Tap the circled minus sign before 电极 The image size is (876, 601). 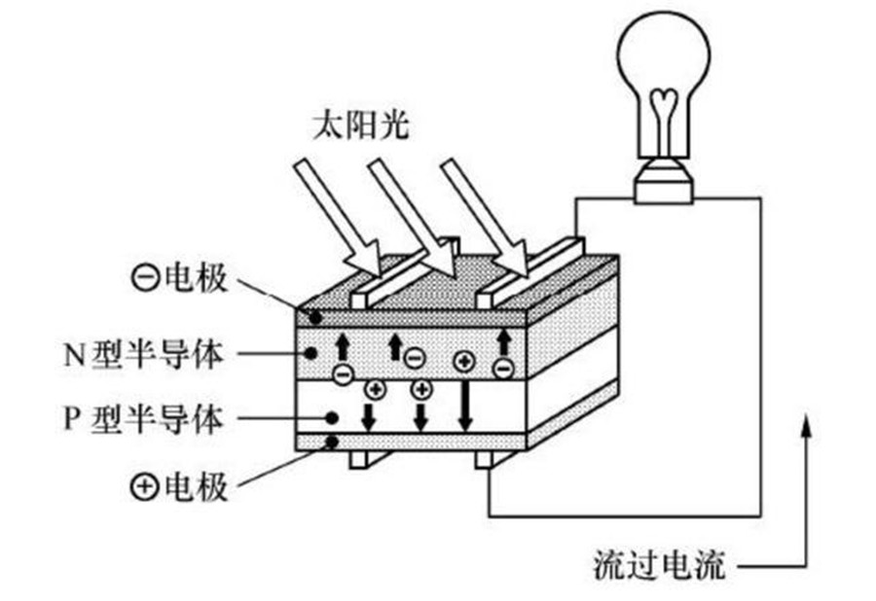[x=144, y=279]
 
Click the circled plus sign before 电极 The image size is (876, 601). [x=144, y=485]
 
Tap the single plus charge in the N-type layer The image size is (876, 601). [x=463, y=362]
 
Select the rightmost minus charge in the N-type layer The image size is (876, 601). [x=502, y=369]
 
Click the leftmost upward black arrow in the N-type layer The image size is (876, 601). [x=341, y=346]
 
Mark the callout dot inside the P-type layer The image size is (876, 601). [x=332, y=417]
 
